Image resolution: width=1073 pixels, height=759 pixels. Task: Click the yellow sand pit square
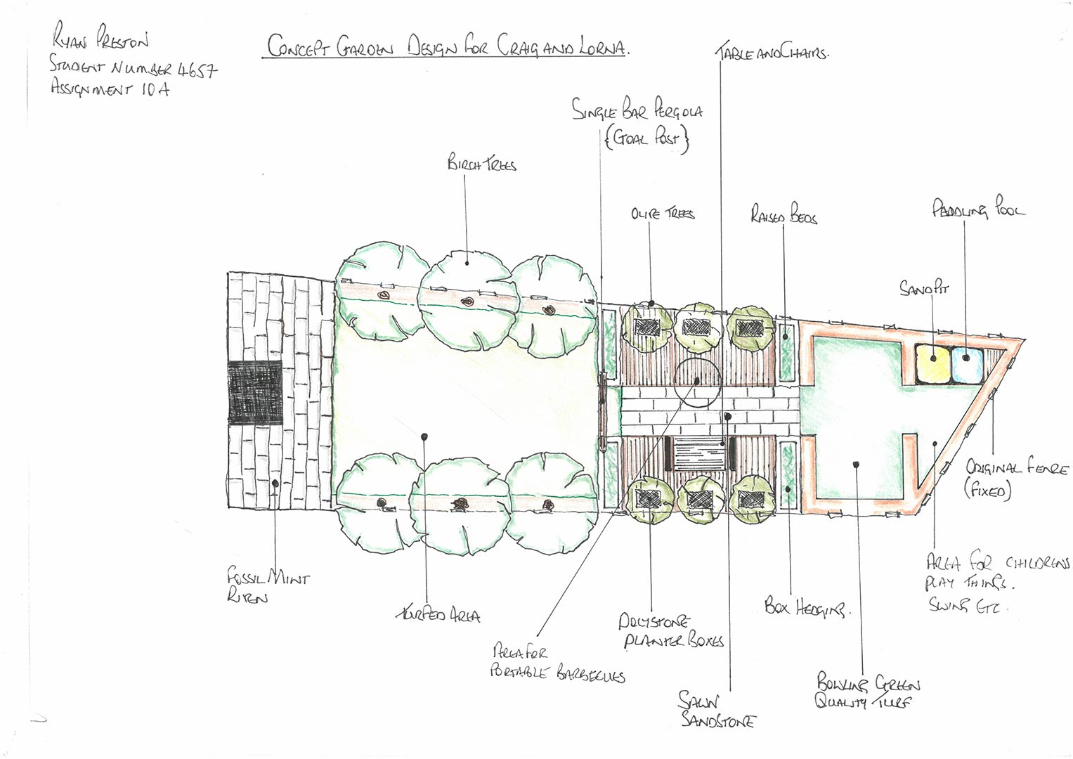coord(932,363)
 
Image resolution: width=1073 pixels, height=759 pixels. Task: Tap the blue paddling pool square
coord(967,363)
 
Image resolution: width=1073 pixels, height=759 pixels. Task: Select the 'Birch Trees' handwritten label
coord(481,163)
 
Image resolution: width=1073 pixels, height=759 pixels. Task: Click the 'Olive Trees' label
coord(662,213)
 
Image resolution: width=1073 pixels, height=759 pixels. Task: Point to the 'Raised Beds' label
coord(783,214)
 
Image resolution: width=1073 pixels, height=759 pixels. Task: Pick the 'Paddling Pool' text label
coord(977,209)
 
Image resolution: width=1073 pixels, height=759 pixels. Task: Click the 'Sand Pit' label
coord(923,287)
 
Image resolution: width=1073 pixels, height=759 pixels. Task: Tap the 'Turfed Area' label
coord(438,615)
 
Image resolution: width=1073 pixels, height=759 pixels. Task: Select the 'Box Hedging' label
coord(806,606)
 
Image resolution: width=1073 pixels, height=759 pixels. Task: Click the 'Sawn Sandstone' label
coord(715,710)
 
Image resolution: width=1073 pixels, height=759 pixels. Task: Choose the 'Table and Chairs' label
coord(772,53)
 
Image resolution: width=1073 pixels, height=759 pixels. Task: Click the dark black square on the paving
coord(255,393)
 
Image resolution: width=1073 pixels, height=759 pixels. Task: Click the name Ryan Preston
coord(100,37)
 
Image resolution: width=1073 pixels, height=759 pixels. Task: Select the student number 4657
coord(197,69)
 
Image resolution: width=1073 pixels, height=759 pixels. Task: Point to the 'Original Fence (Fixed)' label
coord(1015,477)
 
